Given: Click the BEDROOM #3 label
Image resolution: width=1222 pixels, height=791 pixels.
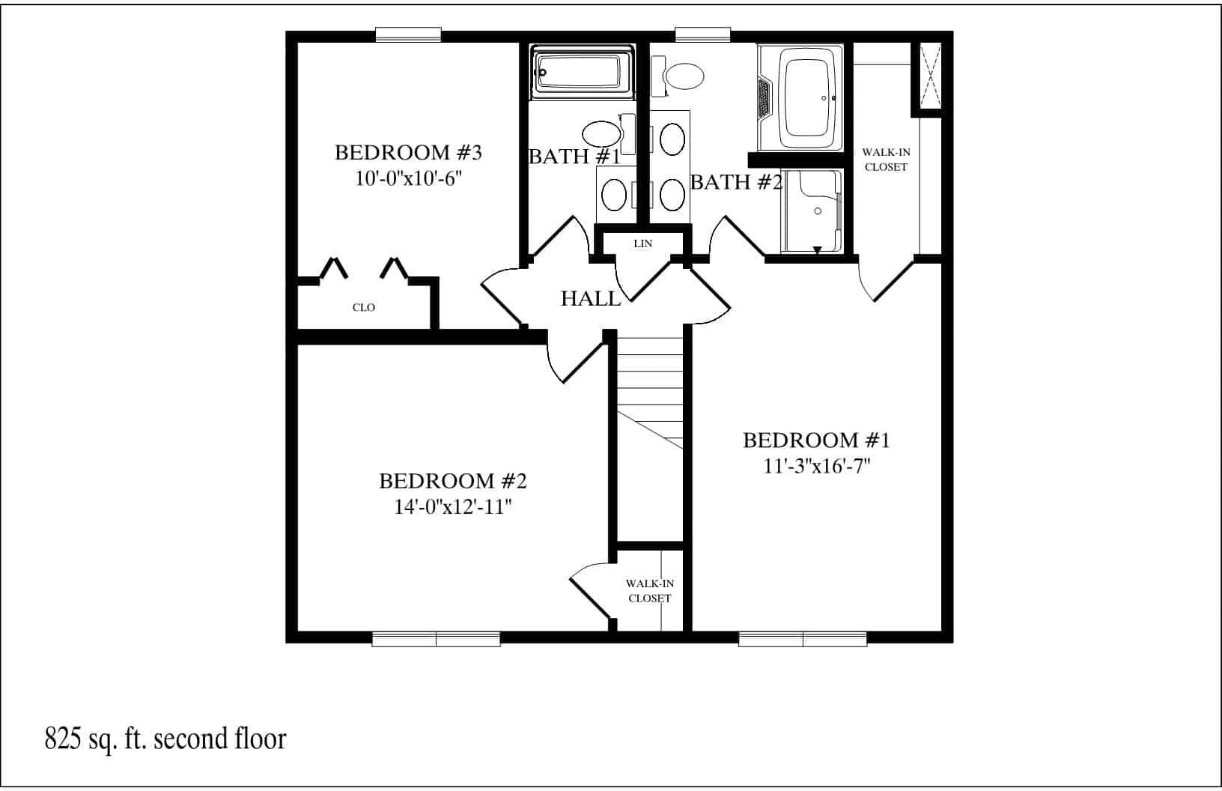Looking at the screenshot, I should (x=407, y=153).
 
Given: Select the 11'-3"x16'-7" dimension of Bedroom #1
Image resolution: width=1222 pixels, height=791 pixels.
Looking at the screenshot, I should (x=815, y=467).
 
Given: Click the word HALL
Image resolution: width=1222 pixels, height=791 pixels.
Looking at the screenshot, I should (x=591, y=300).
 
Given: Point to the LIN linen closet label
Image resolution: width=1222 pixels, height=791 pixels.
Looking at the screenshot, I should (x=642, y=243).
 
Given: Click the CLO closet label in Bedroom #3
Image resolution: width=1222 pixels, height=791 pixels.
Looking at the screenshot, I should (x=364, y=308).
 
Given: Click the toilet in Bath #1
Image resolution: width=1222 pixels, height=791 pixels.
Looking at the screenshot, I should (x=604, y=134).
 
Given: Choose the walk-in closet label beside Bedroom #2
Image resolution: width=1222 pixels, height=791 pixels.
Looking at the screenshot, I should (x=649, y=591).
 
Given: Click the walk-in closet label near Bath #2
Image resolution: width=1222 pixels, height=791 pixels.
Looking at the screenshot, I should (x=886, y=160).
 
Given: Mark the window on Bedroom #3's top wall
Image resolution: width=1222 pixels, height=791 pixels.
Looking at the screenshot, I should (x=408, y=34).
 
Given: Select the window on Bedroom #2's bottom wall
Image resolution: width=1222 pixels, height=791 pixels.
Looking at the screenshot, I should (x=436, y=639).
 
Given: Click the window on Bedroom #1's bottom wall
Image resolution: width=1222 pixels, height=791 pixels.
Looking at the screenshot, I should (x=803, y=639).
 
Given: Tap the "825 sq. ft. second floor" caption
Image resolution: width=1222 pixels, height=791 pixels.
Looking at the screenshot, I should (x=165, y=739).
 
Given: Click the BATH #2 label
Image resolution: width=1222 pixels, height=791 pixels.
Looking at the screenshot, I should (x=736, y=182).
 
